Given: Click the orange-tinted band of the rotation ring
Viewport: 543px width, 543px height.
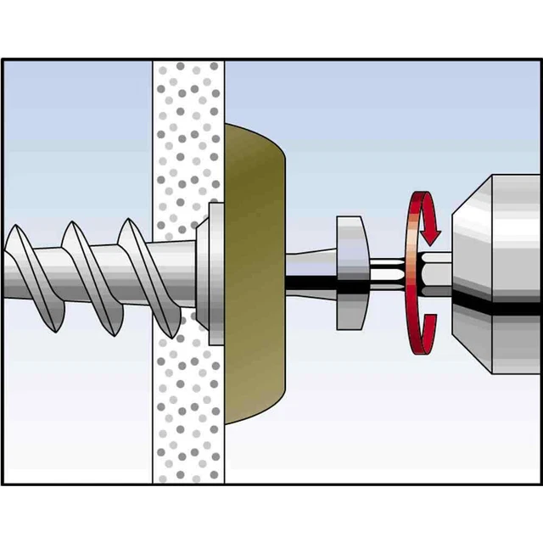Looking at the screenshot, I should coord(413,271).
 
